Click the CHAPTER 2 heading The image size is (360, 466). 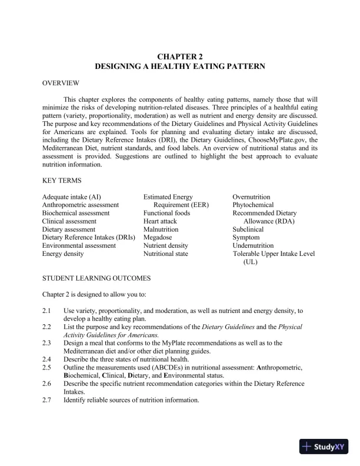coord(180,56)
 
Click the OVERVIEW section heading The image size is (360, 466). coord(61,84)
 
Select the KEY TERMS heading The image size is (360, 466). coord(62,180)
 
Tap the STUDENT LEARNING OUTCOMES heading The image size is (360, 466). coord(96,277)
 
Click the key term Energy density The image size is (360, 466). coord(63,254)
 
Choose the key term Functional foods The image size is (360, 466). coord(167,212)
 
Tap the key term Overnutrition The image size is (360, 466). coord(252,197)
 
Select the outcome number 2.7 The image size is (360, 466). coord(48,400)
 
